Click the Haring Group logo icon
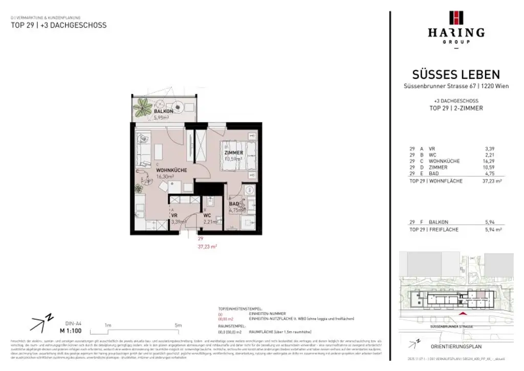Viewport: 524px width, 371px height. point(456,17)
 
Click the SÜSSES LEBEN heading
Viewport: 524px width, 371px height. point(456,75)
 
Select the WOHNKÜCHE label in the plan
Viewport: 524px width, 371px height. point(171,170)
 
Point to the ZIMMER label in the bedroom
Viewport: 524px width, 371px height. point(233,152)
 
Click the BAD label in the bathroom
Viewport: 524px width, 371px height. point(234,203)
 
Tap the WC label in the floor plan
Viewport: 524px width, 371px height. point(207,215)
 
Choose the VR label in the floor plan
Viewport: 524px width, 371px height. point(174,215)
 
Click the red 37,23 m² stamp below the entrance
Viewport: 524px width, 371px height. point(207,246)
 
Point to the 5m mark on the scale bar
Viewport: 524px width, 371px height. point(178,325)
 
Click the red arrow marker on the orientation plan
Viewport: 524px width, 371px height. point(463,313)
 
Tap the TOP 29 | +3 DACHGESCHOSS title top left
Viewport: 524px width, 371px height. point(59,25)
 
